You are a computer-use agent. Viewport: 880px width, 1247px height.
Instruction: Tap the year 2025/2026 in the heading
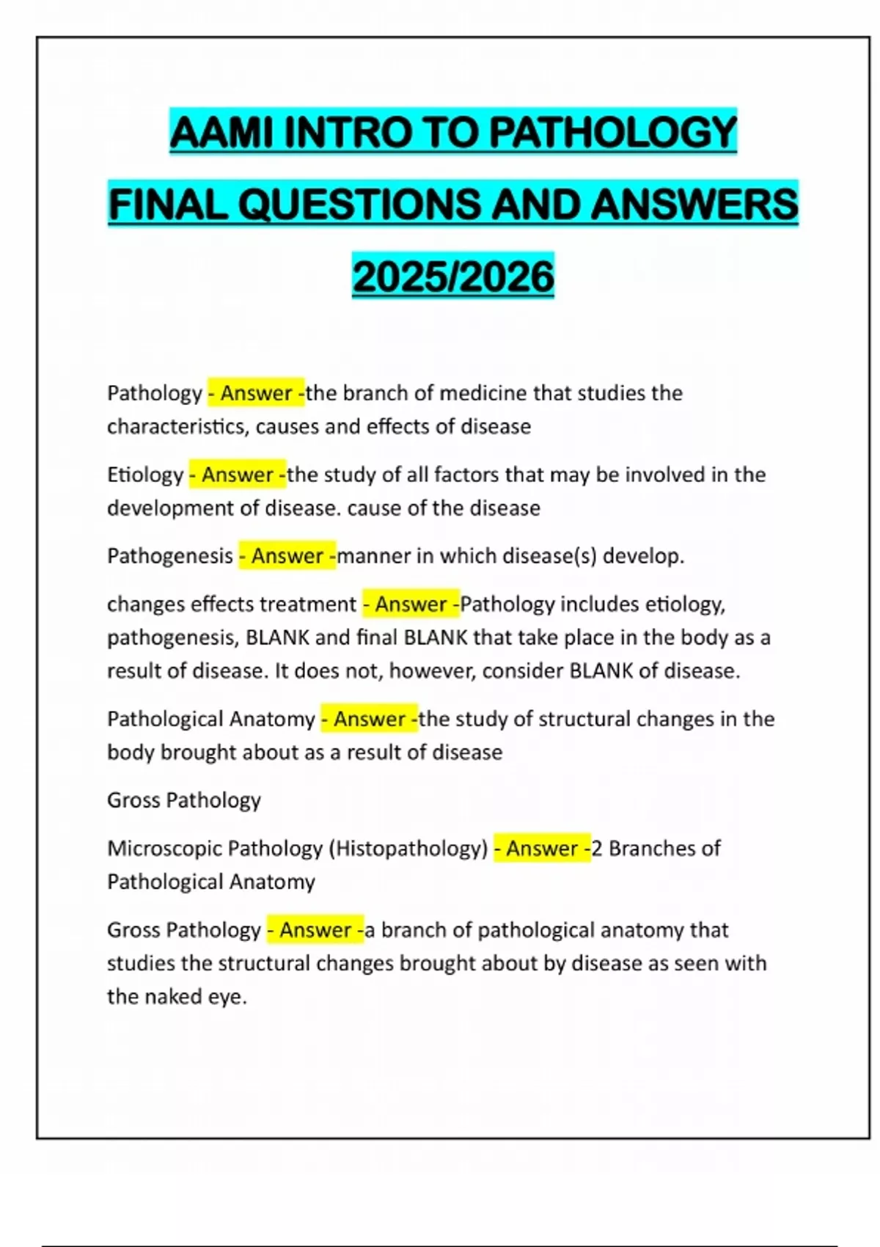[x=453, y=277]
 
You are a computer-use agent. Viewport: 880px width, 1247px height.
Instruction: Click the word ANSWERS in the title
[x=694, y=205]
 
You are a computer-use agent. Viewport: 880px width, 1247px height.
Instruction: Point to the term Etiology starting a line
[x=144, y=475]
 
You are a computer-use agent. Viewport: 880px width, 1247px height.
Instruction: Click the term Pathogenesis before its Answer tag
[x=169, y=556]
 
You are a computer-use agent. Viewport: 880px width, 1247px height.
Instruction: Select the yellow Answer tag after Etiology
[x=238, y=475]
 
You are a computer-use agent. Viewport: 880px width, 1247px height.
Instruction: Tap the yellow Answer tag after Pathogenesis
[x=287, y=556]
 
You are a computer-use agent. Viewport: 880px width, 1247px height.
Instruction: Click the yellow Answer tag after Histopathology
[x=542, y=849]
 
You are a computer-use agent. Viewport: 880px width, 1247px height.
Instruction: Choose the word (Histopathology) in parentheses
[x=408, y=849]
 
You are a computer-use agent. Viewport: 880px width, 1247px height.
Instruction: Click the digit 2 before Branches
[x=596, y=849]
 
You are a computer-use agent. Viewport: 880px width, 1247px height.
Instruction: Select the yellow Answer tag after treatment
[x=411, y=604]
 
